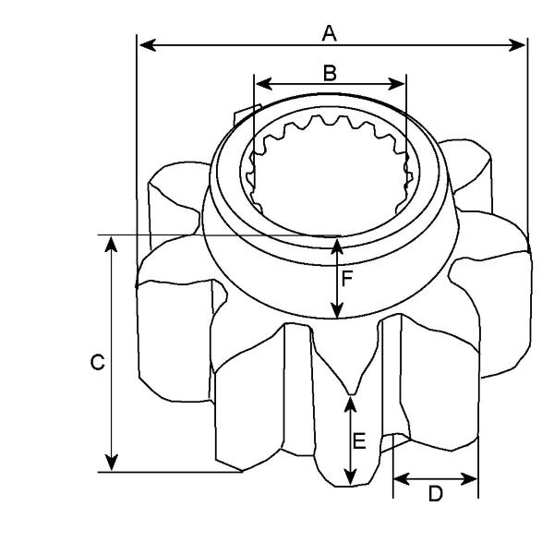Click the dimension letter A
330,33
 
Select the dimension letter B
330,73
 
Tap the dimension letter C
98,362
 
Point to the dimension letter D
435,494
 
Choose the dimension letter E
359,441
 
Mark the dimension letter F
347,279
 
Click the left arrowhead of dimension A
148,45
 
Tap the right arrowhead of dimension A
517,45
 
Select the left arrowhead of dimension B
263,84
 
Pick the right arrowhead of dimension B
396,84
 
